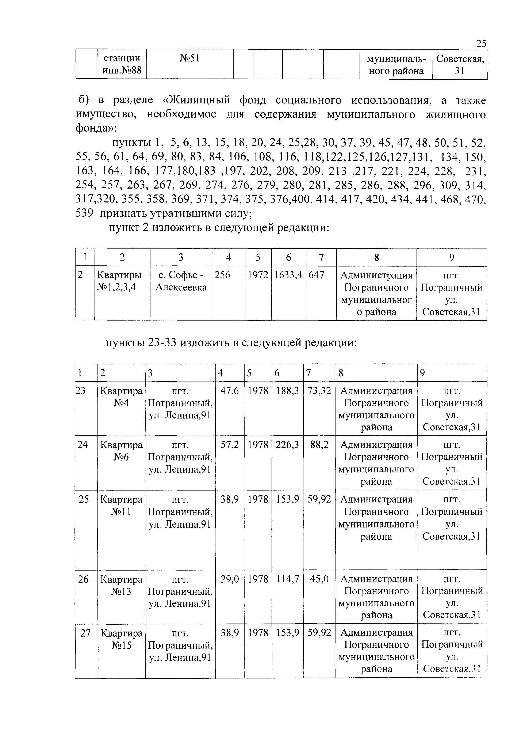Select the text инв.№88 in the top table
[x=122, y=70]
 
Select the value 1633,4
[x=288, y=275]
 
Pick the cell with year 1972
[x=258, y=275]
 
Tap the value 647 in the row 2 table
[x=316, y=275]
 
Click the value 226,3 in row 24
[x=287, y=445]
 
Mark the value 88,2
[x=319, y=445]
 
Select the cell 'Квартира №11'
[x=121, y=506]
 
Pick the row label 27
[x=85, y=633]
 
